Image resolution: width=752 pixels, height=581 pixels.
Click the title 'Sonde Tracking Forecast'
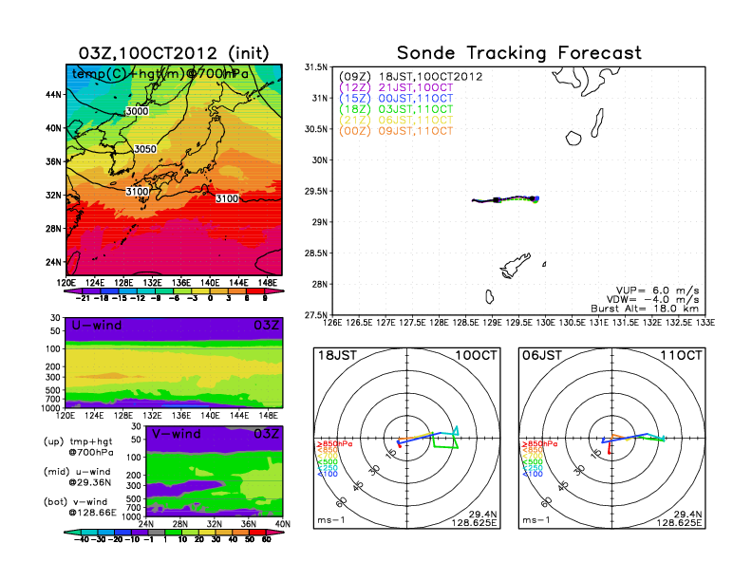518,53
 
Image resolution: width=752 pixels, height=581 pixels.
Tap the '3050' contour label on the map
145,149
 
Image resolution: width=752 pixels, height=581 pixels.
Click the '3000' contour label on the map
138,111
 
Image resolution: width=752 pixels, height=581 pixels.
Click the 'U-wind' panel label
96,326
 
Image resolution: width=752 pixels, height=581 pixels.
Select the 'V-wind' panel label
177,434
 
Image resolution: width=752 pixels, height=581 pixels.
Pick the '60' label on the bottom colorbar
268,538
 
